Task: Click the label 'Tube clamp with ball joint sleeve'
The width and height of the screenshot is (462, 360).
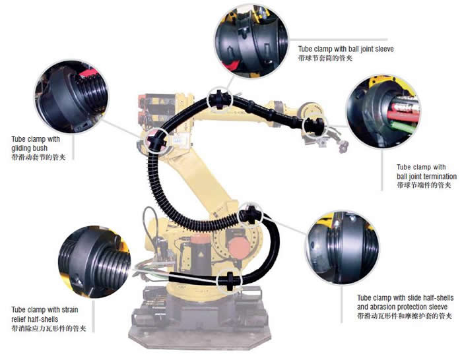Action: tap(346, 49)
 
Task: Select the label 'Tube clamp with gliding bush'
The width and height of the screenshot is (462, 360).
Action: tap(36, 143)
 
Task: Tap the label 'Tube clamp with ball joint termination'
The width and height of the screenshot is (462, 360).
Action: tap(426, 171)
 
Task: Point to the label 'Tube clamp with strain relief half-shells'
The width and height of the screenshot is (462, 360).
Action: tap(45, 314)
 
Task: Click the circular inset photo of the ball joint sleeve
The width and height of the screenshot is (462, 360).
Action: tap(251, 42)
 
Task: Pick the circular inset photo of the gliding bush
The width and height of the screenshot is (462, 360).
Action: tap(71, 96)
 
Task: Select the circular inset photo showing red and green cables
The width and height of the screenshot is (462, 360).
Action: tap(383, 111)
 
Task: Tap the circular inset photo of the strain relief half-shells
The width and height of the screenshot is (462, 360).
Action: tap(94, 262)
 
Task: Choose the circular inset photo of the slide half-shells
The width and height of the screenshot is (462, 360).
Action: tap(342, 247)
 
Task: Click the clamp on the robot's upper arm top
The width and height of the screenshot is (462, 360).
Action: tap(219, 99)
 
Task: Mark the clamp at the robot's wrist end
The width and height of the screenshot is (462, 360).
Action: tap(314, 125)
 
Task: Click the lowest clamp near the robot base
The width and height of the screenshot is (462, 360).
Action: tap(230, 280)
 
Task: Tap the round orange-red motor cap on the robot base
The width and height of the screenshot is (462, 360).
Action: tap(239, 249)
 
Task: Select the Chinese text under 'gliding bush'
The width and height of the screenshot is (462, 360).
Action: tap(38, 157)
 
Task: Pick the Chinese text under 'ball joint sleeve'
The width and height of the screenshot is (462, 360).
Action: tap(325, 58)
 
